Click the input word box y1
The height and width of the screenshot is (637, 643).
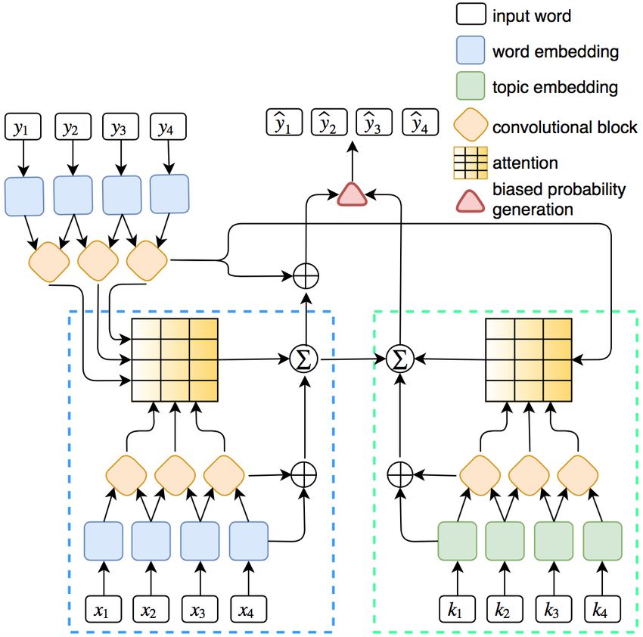pyautogui.click(x=23, y=127)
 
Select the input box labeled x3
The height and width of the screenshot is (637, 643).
pyautogui.click(x=200, y=610)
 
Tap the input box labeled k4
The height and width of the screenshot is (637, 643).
pyautogui.click(x=602, y=610)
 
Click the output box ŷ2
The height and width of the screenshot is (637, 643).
pyautogui.click(x=329, y=122)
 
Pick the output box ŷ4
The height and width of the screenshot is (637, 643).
pyautogui.click(x=421, y=122)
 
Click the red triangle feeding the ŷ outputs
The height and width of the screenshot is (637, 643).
pyautogui.click(x=352, y=194)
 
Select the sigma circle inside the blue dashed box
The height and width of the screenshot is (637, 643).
pyautogui.click(x=304, y=359)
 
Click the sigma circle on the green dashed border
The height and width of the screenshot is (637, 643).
pyautogui.click(x=400, y=359)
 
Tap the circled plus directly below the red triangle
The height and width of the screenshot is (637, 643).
pyautogui.click(x=306, y=275)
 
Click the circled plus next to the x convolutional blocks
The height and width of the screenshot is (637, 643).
pyautogui.click(x=304, y=474)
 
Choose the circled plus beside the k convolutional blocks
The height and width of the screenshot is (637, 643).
pyautogui.click(x=400, y=474)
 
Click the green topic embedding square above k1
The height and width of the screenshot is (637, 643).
pyautogui.click(x=457, y=541)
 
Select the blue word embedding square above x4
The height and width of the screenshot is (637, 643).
pyautogui.click(x=249, y=541)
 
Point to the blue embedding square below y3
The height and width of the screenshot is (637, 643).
pyautogui.click(x=122, y=195)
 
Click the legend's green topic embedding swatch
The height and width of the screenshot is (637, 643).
pyautogui.click(x=471, y=85)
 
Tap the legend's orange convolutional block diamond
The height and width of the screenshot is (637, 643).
pyautogui.click(x=471, y=125)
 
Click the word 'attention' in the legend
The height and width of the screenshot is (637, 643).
pyautogui.click(x=525, y=163)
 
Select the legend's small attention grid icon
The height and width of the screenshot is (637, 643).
pyautogui.click(x=471, y=163)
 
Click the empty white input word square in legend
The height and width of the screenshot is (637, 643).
pyautogui.click(x=471, y=14)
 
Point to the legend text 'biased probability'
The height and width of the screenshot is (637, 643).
pyautogui.click(x=559, y=190)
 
